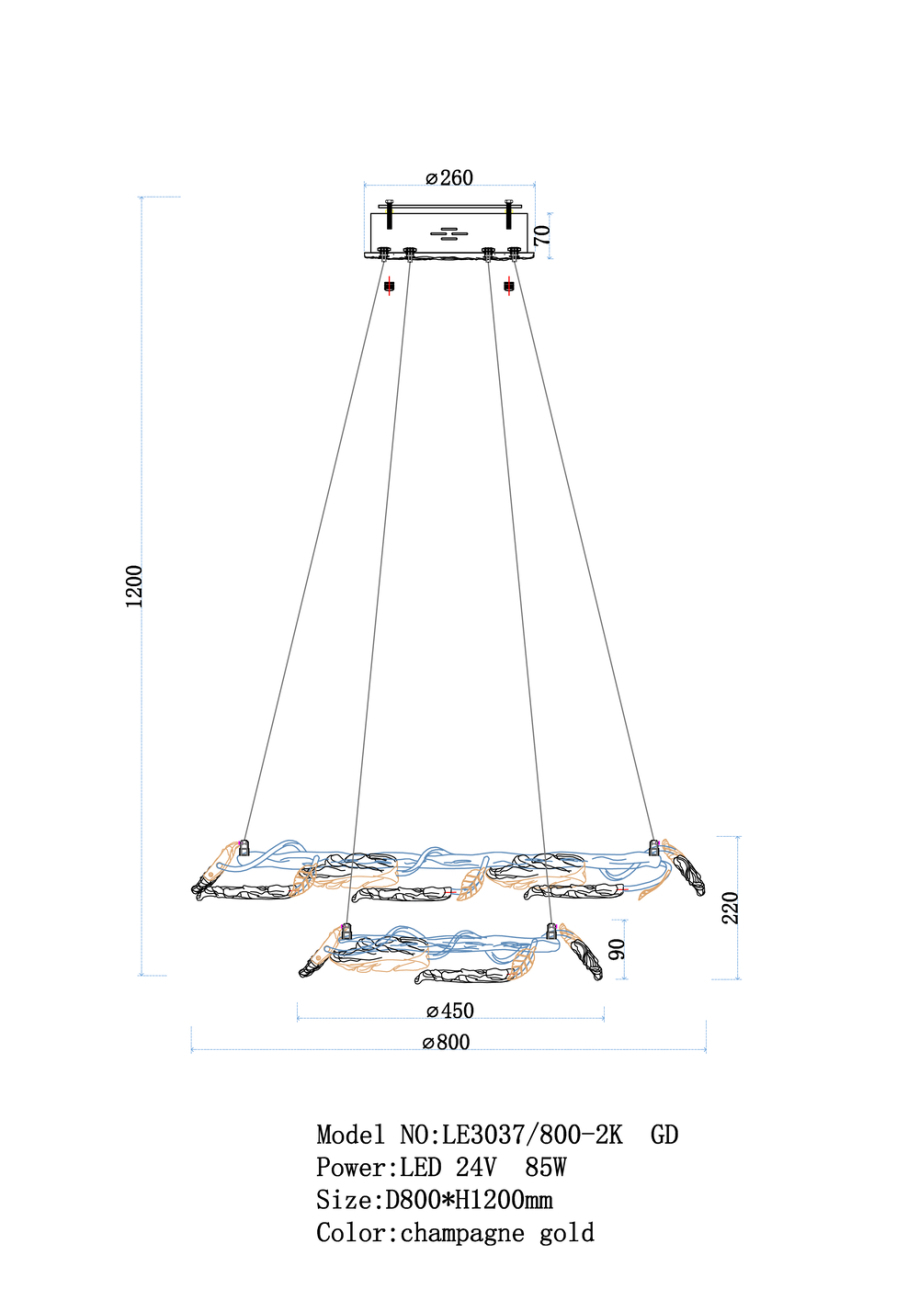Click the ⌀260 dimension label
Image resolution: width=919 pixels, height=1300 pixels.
point(449,178)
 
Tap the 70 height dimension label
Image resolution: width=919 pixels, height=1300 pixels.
point(541,234)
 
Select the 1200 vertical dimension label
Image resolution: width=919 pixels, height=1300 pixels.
point(133,586)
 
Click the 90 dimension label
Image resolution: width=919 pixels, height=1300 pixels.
point(617,949)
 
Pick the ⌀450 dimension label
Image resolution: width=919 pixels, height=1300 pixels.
point(450,1010)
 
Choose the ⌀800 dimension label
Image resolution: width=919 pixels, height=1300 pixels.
point(446,1042)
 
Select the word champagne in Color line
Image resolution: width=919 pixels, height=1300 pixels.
point(462,1234)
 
